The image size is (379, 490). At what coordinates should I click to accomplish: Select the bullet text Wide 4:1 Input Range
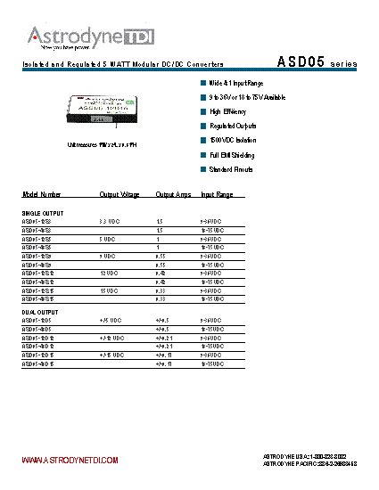click(236, 84)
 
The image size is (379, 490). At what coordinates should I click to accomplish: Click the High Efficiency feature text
click(228, 112)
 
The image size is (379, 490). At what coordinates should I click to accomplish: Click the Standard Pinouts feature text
click(231, 169)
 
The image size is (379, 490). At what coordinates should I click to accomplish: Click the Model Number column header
click(42, 194)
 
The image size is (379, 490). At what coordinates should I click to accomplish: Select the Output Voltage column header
click(119, 194)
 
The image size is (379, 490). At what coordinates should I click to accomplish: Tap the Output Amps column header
click(173, 194)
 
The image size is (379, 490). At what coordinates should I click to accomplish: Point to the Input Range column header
click(217, 194)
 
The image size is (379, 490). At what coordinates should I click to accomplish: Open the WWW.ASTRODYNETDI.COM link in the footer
click(70, 460)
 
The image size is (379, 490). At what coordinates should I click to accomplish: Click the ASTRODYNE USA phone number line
click(310, 456)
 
